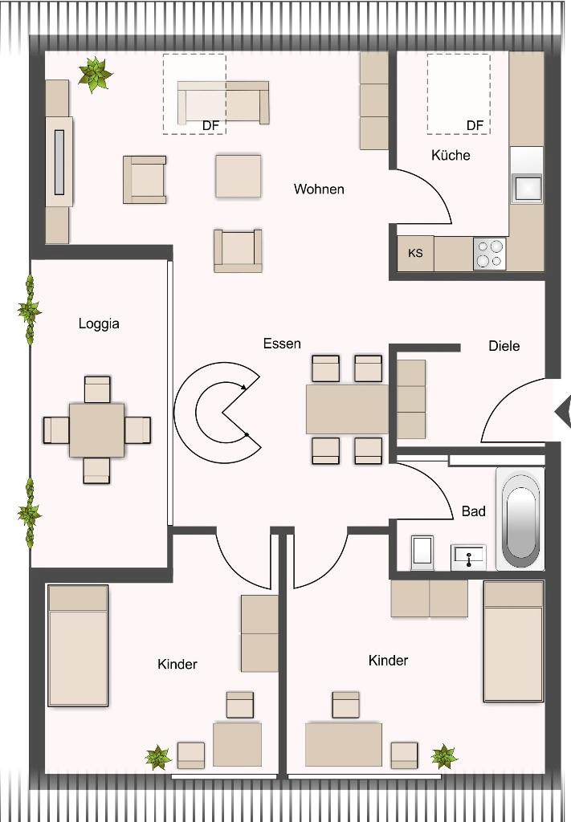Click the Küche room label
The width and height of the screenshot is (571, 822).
[451, 155]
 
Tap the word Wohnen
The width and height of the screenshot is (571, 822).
[319, 189]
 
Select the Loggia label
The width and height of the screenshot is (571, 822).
[99, 324]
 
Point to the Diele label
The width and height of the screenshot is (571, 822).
[504, 346]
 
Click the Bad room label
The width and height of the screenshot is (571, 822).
[474, 511]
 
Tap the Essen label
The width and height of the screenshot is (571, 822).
[282, 344]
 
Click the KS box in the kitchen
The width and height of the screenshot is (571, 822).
[415, 254]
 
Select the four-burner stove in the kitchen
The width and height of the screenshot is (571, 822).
[490, 254]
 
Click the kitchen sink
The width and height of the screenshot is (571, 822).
[528, 188]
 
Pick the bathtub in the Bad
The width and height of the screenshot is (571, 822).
[520, 519]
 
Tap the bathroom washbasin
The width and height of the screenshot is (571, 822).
[468, 557]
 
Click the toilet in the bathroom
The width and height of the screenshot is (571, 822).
[422, 552]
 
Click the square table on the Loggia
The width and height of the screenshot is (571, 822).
[97, 430]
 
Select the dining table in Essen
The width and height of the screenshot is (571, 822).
[347, 409]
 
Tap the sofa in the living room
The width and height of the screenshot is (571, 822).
[223, 102]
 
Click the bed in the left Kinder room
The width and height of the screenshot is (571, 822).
[78, 646]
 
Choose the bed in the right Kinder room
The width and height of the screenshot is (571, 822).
[513, 641]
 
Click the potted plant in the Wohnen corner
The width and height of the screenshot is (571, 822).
[95, 75]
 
